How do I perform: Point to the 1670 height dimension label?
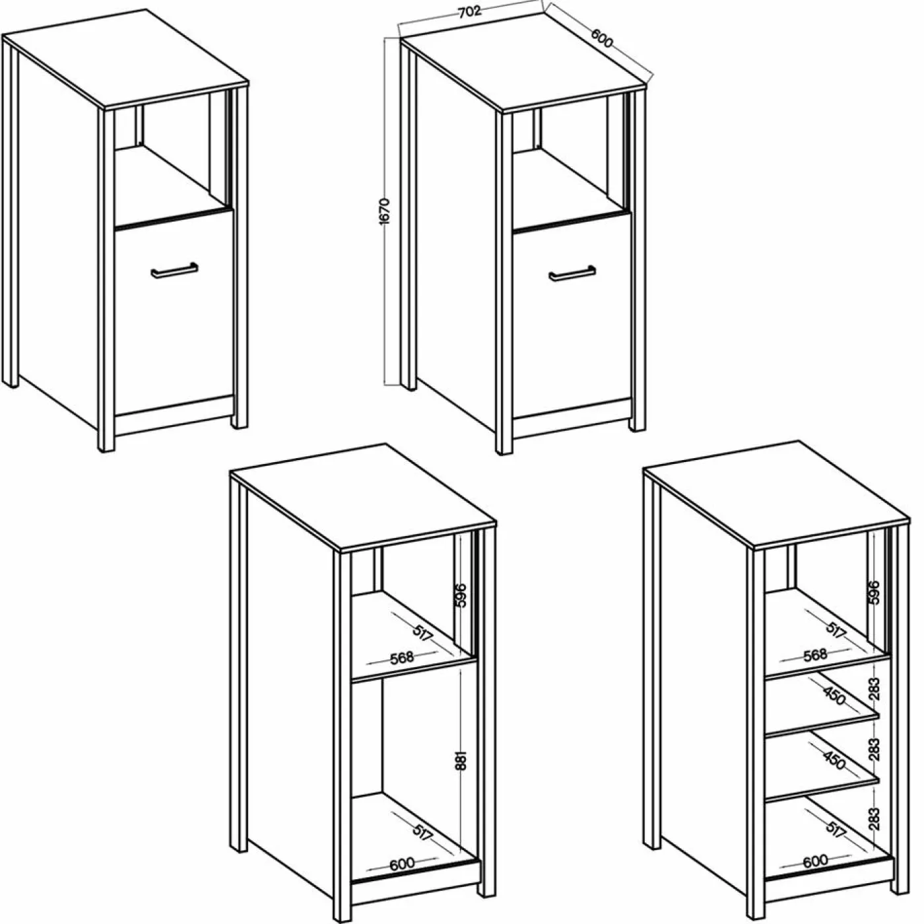pyautogui.click(x=385, y=211)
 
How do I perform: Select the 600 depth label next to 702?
pyautogui.click(x=602, y=38)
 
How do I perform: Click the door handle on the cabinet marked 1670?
pyautogui.click(x=572, y=275)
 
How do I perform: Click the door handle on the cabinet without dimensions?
pyautogui.click(x=174, y=271)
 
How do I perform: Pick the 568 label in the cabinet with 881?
pyautogui.click(x=401, y=657)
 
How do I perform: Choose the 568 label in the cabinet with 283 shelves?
pyautogui.click(x=815, y=655)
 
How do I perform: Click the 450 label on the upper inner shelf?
pyautogui.click(x=834, y=696)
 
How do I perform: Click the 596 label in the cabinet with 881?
pyautogui.click(x=461, y=595)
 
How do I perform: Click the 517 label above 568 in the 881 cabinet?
pyautogui.click(x=422, y=634)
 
